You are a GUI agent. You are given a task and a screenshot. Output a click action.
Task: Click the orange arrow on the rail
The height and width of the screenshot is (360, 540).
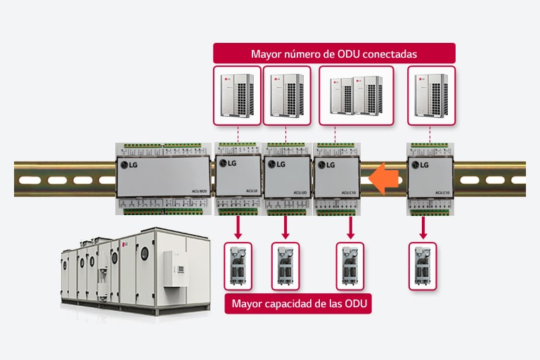pos(382,179)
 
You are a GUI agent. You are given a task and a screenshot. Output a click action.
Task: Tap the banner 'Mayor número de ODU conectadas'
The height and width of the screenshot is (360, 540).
pos(334,53)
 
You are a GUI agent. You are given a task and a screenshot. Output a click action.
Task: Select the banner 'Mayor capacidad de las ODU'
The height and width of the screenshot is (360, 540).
pos(298,304)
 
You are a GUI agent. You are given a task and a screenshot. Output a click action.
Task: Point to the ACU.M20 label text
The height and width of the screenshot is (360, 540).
pos(198,189)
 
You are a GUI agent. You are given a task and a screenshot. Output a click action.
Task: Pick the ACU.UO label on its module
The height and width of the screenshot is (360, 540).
pos(299,190)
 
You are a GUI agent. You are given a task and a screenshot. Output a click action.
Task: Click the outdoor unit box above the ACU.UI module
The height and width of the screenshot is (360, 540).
pos(236,96)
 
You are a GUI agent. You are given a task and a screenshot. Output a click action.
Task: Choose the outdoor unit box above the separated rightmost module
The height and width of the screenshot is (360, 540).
pos(431,96)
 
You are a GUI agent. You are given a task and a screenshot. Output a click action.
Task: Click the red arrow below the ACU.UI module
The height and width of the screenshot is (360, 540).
pos(238,226)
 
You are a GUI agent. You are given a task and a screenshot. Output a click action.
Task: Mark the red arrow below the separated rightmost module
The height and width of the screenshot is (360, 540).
pos(423,226)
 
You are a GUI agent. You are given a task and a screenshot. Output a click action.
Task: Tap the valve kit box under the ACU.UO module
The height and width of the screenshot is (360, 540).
pos(285,265)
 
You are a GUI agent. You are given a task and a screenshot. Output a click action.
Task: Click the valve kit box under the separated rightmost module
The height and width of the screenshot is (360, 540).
pos(423,265)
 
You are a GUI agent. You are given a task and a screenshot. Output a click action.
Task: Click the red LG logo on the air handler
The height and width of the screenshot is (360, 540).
pos(126,245)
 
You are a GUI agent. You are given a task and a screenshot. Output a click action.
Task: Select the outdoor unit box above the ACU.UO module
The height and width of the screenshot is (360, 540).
pos(286,96)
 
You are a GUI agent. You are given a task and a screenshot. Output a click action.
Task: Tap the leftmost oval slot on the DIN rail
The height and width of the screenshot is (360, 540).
pos(30,180)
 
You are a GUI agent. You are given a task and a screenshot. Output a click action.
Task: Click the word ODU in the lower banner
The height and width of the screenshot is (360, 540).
pos(356,304)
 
